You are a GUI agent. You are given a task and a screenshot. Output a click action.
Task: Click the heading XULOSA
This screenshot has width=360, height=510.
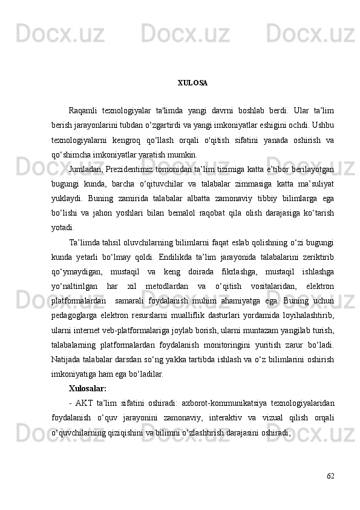[192, 82]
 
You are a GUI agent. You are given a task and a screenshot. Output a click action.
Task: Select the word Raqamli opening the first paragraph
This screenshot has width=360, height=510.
[85, 110]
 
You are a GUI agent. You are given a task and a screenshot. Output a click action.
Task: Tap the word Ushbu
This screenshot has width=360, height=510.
[324, 124]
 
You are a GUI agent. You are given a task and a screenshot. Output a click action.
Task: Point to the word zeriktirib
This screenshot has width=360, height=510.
[318, 256]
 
